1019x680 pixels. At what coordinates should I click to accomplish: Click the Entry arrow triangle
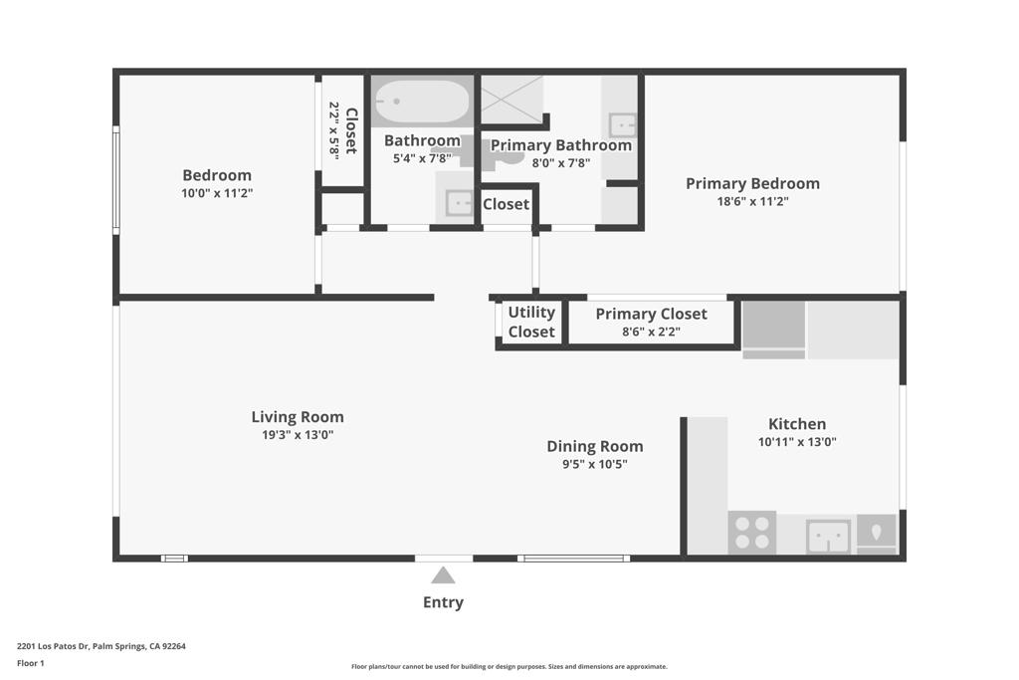click(x=443, y=575)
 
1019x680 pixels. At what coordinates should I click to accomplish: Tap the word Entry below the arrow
click(x=443, y=602)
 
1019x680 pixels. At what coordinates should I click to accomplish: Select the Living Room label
click(x=297, y=417)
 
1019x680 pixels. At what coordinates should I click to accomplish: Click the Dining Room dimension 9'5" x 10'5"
click(x=594, y=464)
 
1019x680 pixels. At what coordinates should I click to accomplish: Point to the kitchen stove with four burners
click(x=751, y=532)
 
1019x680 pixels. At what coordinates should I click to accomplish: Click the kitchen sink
click(x=828, y=536)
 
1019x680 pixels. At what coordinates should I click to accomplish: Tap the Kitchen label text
click(x=796, y=423)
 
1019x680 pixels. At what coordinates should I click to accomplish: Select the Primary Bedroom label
click(x=752, y=183)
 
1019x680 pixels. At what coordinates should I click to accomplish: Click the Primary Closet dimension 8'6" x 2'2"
click(x=651, y=333)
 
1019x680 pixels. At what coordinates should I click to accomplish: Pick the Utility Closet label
click(x=531, y=323)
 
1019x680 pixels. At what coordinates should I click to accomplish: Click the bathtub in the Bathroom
click(x=421, y=102)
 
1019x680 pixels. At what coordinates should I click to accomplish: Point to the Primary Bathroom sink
click(x=624, y=126)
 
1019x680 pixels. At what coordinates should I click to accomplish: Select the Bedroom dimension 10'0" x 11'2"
click(x=217, y=194)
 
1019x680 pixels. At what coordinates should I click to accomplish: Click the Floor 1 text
click(x=31, y=663)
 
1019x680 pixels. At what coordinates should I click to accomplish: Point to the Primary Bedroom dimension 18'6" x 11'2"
click(x=752, y=201)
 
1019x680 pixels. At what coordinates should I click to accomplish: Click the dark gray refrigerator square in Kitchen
click(x=773, y=325)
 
